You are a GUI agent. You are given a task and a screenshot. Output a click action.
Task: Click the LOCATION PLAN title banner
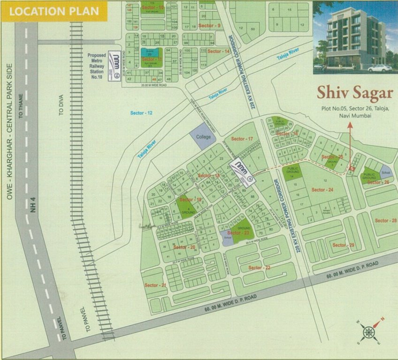[54, 12]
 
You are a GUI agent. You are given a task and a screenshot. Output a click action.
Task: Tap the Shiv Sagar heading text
[354, 92]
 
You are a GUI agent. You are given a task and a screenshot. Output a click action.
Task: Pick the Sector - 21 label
[155, 285]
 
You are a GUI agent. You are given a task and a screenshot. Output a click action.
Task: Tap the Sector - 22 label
[260, 268]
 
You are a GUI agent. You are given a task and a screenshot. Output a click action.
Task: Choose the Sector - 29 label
[344, 245]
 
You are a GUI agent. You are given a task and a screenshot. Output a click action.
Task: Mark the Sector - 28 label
[385, 220]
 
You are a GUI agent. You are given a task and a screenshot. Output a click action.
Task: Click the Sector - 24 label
[322, 190]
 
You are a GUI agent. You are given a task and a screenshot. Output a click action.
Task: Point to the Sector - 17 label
[242, 139]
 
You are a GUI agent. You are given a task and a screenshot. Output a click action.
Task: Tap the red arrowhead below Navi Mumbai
[349, 125]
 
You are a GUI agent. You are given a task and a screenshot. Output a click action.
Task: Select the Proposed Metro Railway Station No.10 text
[97, 66]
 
